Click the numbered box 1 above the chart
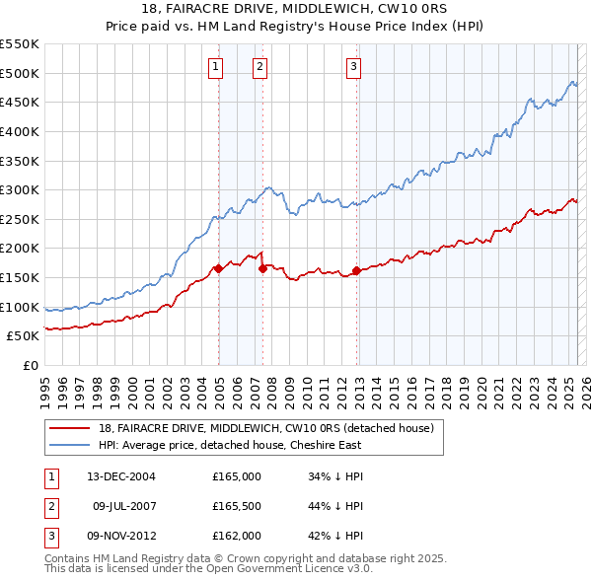click(x=215, y=67)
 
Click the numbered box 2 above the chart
click(x=259, y=67)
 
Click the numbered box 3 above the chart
click(x=353, y=67)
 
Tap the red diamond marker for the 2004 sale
click(x=218, y=268)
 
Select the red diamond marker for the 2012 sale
click(x=356, y=270)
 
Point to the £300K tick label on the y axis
click(x=21, y=189)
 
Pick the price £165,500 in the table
click(x=237, y=506)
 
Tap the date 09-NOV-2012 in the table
click(x=120, y=536)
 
